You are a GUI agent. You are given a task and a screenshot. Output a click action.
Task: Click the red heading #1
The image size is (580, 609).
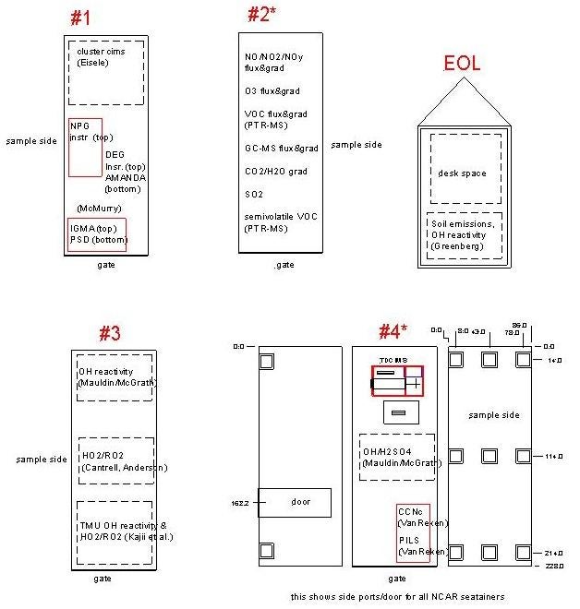tap(80, 18)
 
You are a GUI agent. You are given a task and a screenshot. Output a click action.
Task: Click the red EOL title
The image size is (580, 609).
tap(462, 64)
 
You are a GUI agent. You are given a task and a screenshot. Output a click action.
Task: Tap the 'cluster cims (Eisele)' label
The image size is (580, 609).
tap(94, 57)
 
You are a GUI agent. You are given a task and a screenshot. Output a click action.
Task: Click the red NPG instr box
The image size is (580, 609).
tap(85, 147)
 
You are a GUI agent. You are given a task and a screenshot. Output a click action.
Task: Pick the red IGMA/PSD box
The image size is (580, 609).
tap(97, 234)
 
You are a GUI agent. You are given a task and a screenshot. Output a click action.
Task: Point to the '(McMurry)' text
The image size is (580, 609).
tap(99, 209)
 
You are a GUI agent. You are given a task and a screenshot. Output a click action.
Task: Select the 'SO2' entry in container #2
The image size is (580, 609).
tap(253, 194)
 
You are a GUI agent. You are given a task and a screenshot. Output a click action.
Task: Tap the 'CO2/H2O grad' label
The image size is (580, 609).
tap(275, 171)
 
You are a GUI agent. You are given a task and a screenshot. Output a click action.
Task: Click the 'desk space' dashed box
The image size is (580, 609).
tap(462, 173)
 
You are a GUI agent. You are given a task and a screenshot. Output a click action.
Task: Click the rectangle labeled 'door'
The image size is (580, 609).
tap(295, 501)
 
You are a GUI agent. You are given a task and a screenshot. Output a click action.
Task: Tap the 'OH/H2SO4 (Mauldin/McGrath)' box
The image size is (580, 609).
tap(397, 457)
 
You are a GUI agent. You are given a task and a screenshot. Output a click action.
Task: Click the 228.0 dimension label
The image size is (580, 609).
tap(554, 566)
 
